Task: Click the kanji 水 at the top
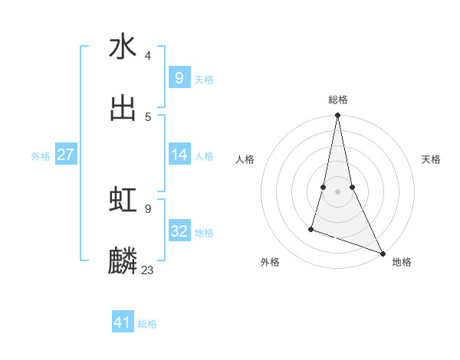tap(123, 47)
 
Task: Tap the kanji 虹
tap(123, 200)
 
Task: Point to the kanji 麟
tap(123, 261)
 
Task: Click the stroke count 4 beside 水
tap(148, 56)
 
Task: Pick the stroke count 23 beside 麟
tap(148, 270)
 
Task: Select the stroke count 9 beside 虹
tap(148, 208)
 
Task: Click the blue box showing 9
tap(179, 78)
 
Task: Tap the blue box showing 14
tap(179, 155)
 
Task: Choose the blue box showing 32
tap(179, 231)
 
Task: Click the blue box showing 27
tap(65, 155)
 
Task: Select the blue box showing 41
tap(123, 322)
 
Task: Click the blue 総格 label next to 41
tap(147, 324)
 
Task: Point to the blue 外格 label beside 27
tap(41, 156)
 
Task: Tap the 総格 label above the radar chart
tap(338, 100)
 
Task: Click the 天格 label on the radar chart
tap(431, 159)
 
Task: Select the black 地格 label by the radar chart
tap(402, 262)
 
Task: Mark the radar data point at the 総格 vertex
tap(337, 116)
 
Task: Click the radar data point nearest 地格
tap(381, 253)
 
